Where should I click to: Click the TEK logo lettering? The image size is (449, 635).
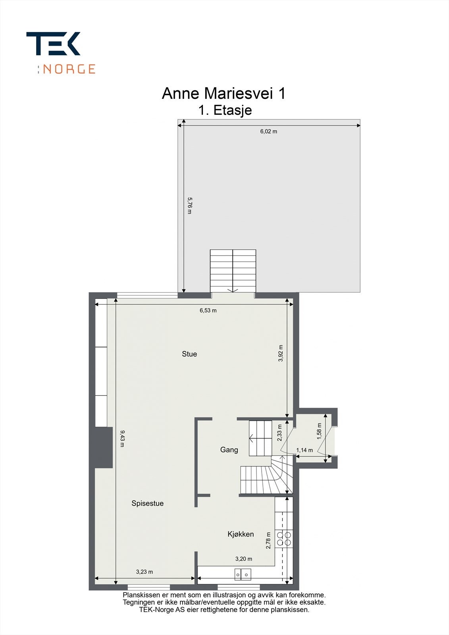(53, 44)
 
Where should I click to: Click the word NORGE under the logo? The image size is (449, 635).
(69, 69)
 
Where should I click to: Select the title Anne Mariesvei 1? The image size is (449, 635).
(224, 94)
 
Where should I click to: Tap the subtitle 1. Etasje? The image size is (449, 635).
(225, 110)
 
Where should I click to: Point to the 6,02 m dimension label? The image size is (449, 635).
(269, 131)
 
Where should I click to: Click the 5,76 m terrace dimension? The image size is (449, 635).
(189, 206)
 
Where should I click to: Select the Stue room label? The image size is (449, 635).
(189, 354)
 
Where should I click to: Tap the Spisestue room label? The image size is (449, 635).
(147, 503)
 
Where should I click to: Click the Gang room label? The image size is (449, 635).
(229, 450)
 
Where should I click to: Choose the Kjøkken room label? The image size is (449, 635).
(241, 534)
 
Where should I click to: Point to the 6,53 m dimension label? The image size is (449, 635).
(208, 310)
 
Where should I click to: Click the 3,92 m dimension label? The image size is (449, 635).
(281, 353)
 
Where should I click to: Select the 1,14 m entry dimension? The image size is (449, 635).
(304, 450)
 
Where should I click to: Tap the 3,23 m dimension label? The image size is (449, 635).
(145, 572)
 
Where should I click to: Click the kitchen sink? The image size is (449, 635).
(243, 574)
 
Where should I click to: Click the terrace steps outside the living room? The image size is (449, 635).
(233, 271)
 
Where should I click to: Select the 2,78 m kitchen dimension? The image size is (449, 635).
(268, 541)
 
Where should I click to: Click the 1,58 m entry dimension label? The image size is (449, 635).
(319, 431)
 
